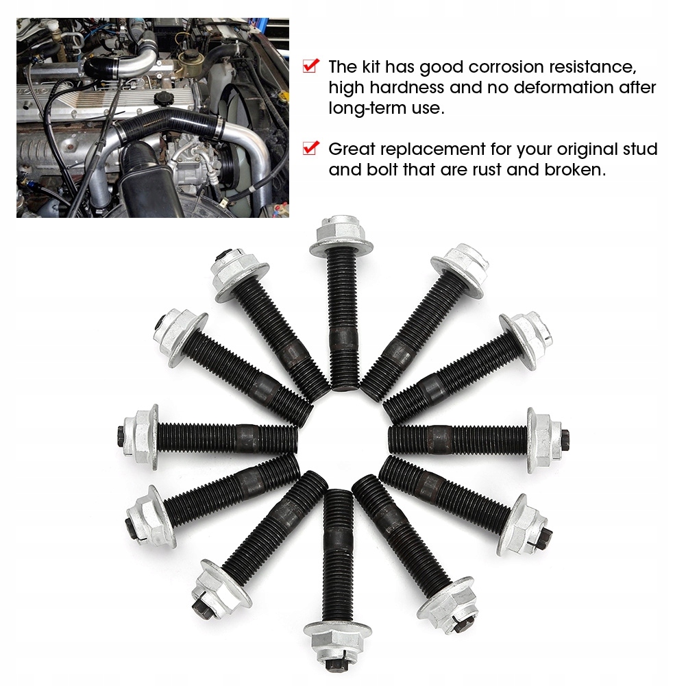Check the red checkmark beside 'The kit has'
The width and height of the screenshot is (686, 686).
[311, 66]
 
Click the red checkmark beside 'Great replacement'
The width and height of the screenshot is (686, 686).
[311, 148]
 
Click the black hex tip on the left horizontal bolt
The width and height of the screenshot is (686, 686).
[121, 436]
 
